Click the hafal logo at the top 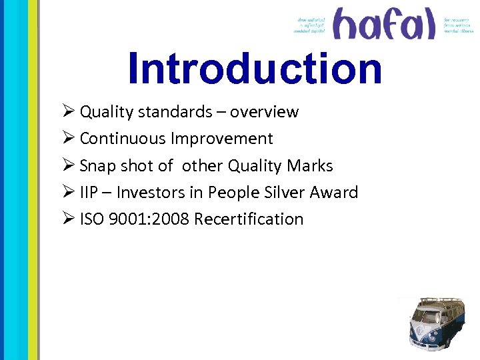(x=383, y=24)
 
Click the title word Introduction (x=255, y=69)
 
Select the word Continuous (x=123, y=139)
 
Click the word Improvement (x=222, y=139)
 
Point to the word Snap (x=98, y=166)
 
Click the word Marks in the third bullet (x=311, y=166)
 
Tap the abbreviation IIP (x=89, y=193)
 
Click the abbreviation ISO (x=91, y=219)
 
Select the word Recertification (x=248, y=219)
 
